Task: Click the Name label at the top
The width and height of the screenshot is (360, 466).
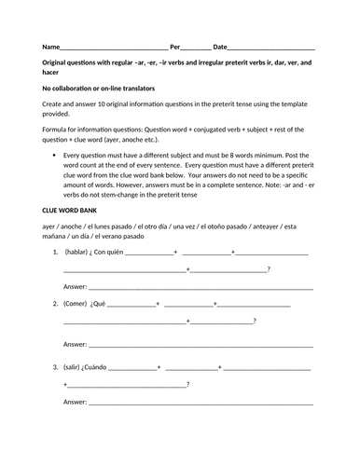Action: pos(49,46)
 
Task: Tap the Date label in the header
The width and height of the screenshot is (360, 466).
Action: pos(220,46)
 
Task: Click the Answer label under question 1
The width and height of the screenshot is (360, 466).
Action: pos(75,286)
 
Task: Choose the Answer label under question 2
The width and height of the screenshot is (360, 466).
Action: pos(75,344)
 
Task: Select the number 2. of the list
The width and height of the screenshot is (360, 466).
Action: pos(56,304)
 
